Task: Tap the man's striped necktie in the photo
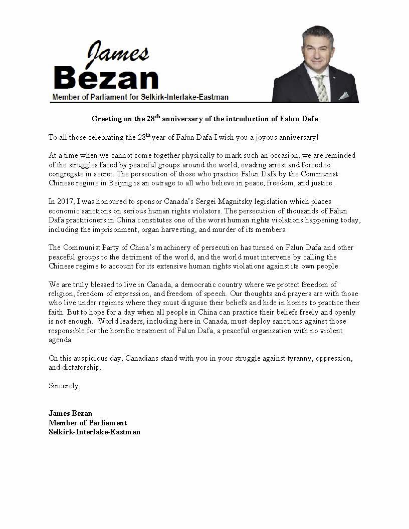(321, 88)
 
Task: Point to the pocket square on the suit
(344, 95)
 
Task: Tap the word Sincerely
(64, 386)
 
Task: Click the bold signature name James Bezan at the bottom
(71, 413)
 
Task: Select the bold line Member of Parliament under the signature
(88, 423)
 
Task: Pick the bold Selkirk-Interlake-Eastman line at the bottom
(94, 432)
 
